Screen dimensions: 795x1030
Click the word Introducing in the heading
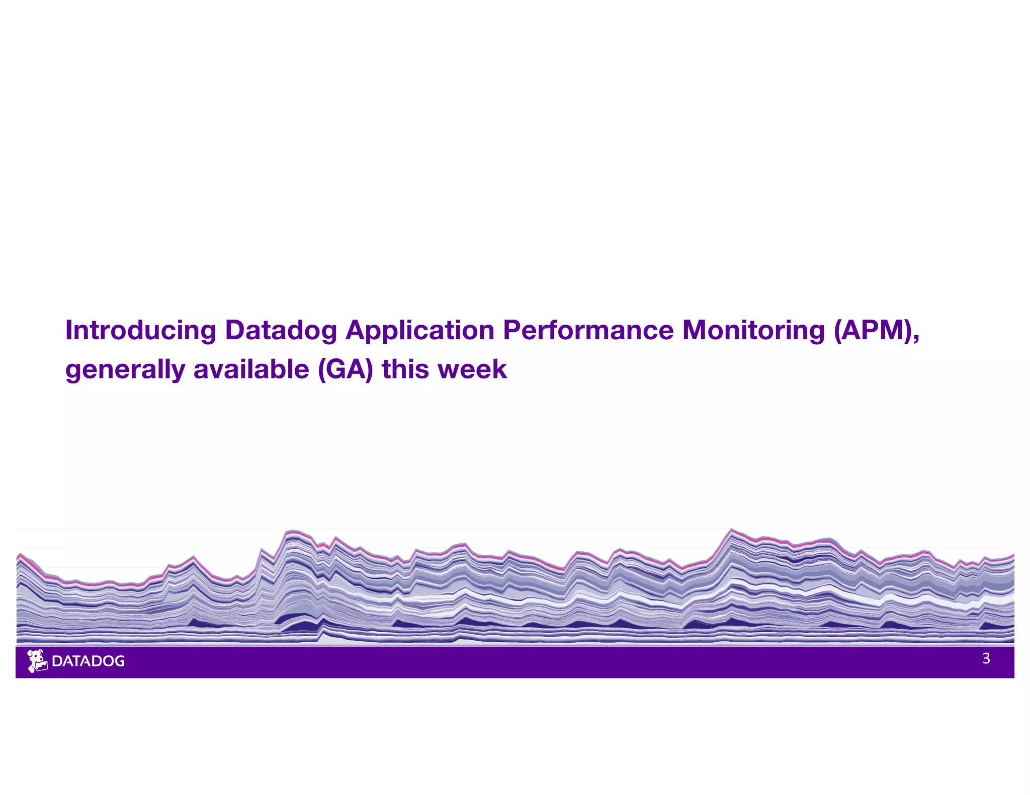(x=140, y=331)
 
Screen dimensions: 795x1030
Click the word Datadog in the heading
(x=281, y=331)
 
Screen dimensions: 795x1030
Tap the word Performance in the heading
(x=588, y=330)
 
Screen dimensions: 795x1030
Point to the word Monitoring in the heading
(x=753, y=330)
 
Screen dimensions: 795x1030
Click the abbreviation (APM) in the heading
(x=873, y=330)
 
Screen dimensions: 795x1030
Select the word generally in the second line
(x=125, y=370)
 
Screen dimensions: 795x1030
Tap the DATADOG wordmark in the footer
(x=88, y=661)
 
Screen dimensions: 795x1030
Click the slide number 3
(x=986, y=659)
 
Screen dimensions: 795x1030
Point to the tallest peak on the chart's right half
(x=732, y=530)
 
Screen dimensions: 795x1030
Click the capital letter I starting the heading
(x=69, y=330)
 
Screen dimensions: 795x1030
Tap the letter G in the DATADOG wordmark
(x=119, y=661)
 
